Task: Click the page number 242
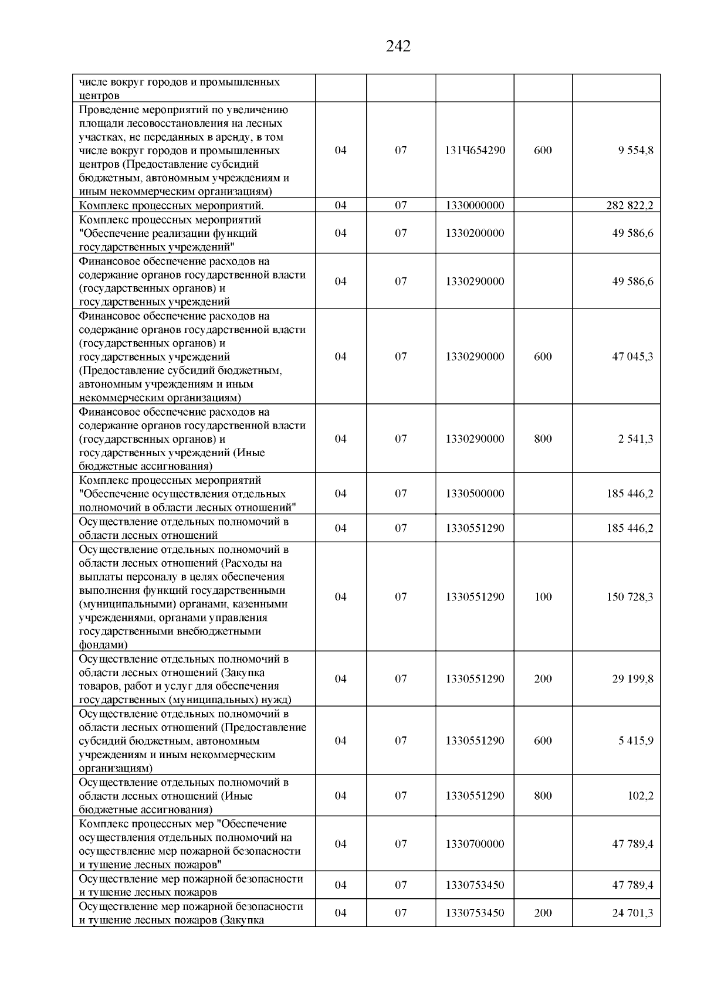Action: (398, 46)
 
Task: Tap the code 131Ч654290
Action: (475, 151)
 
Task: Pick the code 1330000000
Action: (475, 205)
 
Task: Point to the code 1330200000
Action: (475, 233)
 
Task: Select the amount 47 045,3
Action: (632, 356)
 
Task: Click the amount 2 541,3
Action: (635, 439)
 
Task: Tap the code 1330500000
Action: (475, 494)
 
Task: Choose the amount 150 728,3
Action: (629, 597)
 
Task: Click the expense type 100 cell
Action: (543, 597)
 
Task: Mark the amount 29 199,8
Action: (632, 679)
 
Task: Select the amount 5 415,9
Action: (635, 741)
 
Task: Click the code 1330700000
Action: (475, 844)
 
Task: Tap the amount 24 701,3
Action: (632, 913)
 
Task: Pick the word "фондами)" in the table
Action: (103, 645)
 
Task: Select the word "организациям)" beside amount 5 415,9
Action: (116, 769)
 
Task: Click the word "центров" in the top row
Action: (99, 96)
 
